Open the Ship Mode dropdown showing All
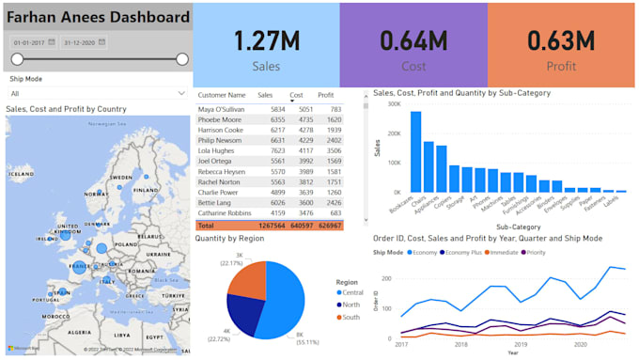coord(97,93)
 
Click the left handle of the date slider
coord(17,59)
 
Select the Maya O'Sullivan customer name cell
coord(221,110)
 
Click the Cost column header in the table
coord(296,95)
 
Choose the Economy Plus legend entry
coord(467,252)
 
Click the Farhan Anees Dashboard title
coord(97,18)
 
